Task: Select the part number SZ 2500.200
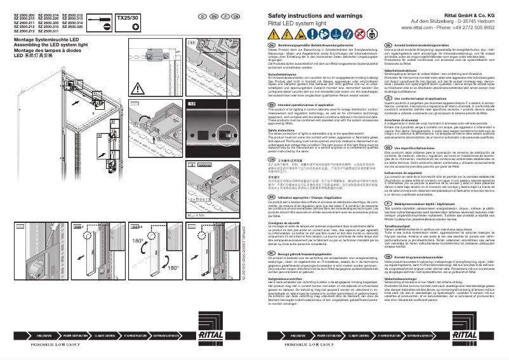(x=25, y=13)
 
